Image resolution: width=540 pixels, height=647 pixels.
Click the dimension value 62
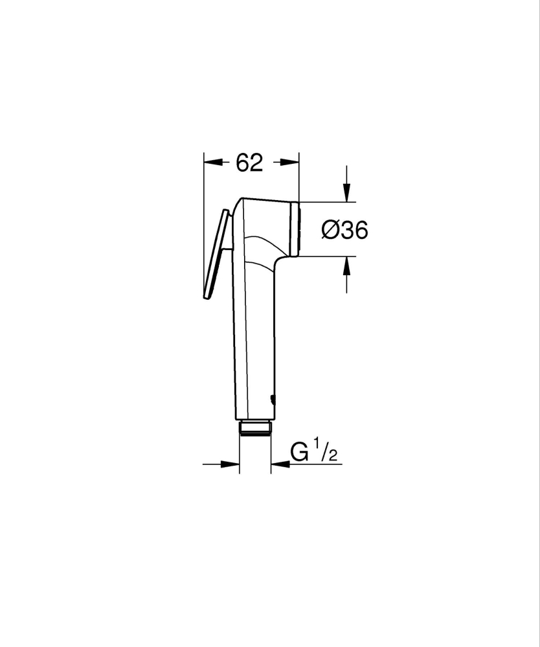click(249, 163)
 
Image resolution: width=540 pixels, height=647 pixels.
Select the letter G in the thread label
click(300, 452)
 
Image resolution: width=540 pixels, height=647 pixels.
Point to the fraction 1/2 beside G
click(326, 451)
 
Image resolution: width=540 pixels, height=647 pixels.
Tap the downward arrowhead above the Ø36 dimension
click(346, 194)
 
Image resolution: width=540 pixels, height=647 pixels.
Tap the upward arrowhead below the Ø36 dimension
click(346, 264)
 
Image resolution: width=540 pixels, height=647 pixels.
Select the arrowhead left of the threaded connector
click(232, 464)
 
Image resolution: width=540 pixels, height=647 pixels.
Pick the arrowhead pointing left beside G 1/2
click(279, 464)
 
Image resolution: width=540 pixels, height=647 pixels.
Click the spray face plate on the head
click(297, 229)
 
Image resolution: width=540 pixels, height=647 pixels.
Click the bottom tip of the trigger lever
click(206, 297)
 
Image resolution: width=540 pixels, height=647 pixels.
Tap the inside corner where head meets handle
click(278, 259)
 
